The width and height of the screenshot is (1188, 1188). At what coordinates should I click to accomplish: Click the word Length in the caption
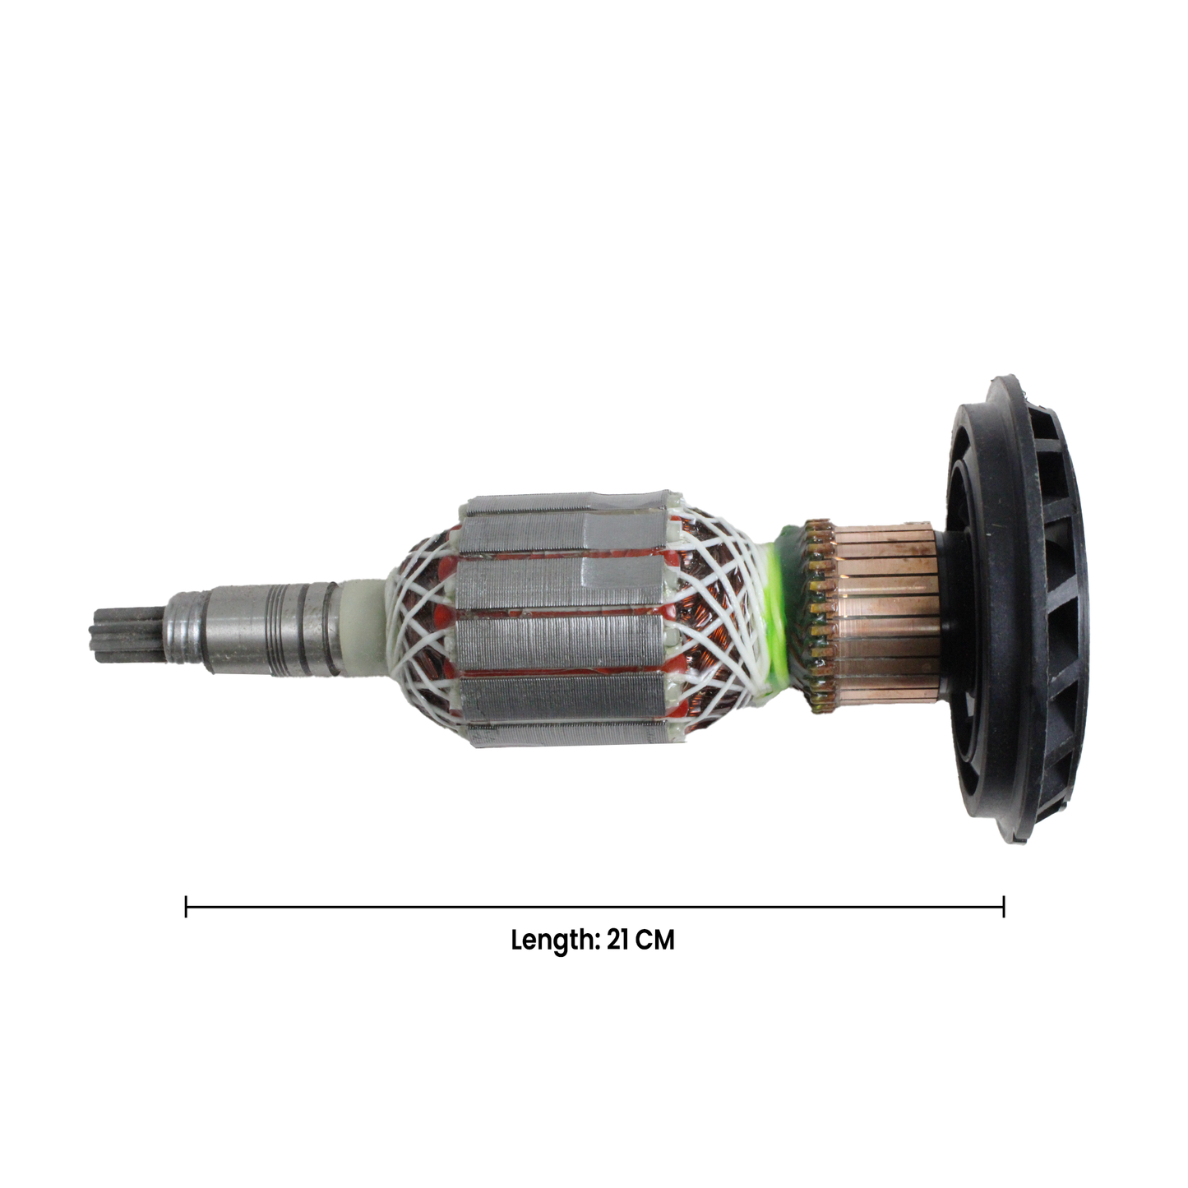[551, 941]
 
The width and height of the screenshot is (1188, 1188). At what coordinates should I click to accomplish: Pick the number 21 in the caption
[618, 941]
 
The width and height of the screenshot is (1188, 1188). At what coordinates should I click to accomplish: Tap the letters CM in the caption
[655, 941]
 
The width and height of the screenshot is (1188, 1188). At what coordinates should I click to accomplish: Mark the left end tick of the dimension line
[186, 907]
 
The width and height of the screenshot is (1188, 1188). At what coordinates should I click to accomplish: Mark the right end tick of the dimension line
[1004, 907]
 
